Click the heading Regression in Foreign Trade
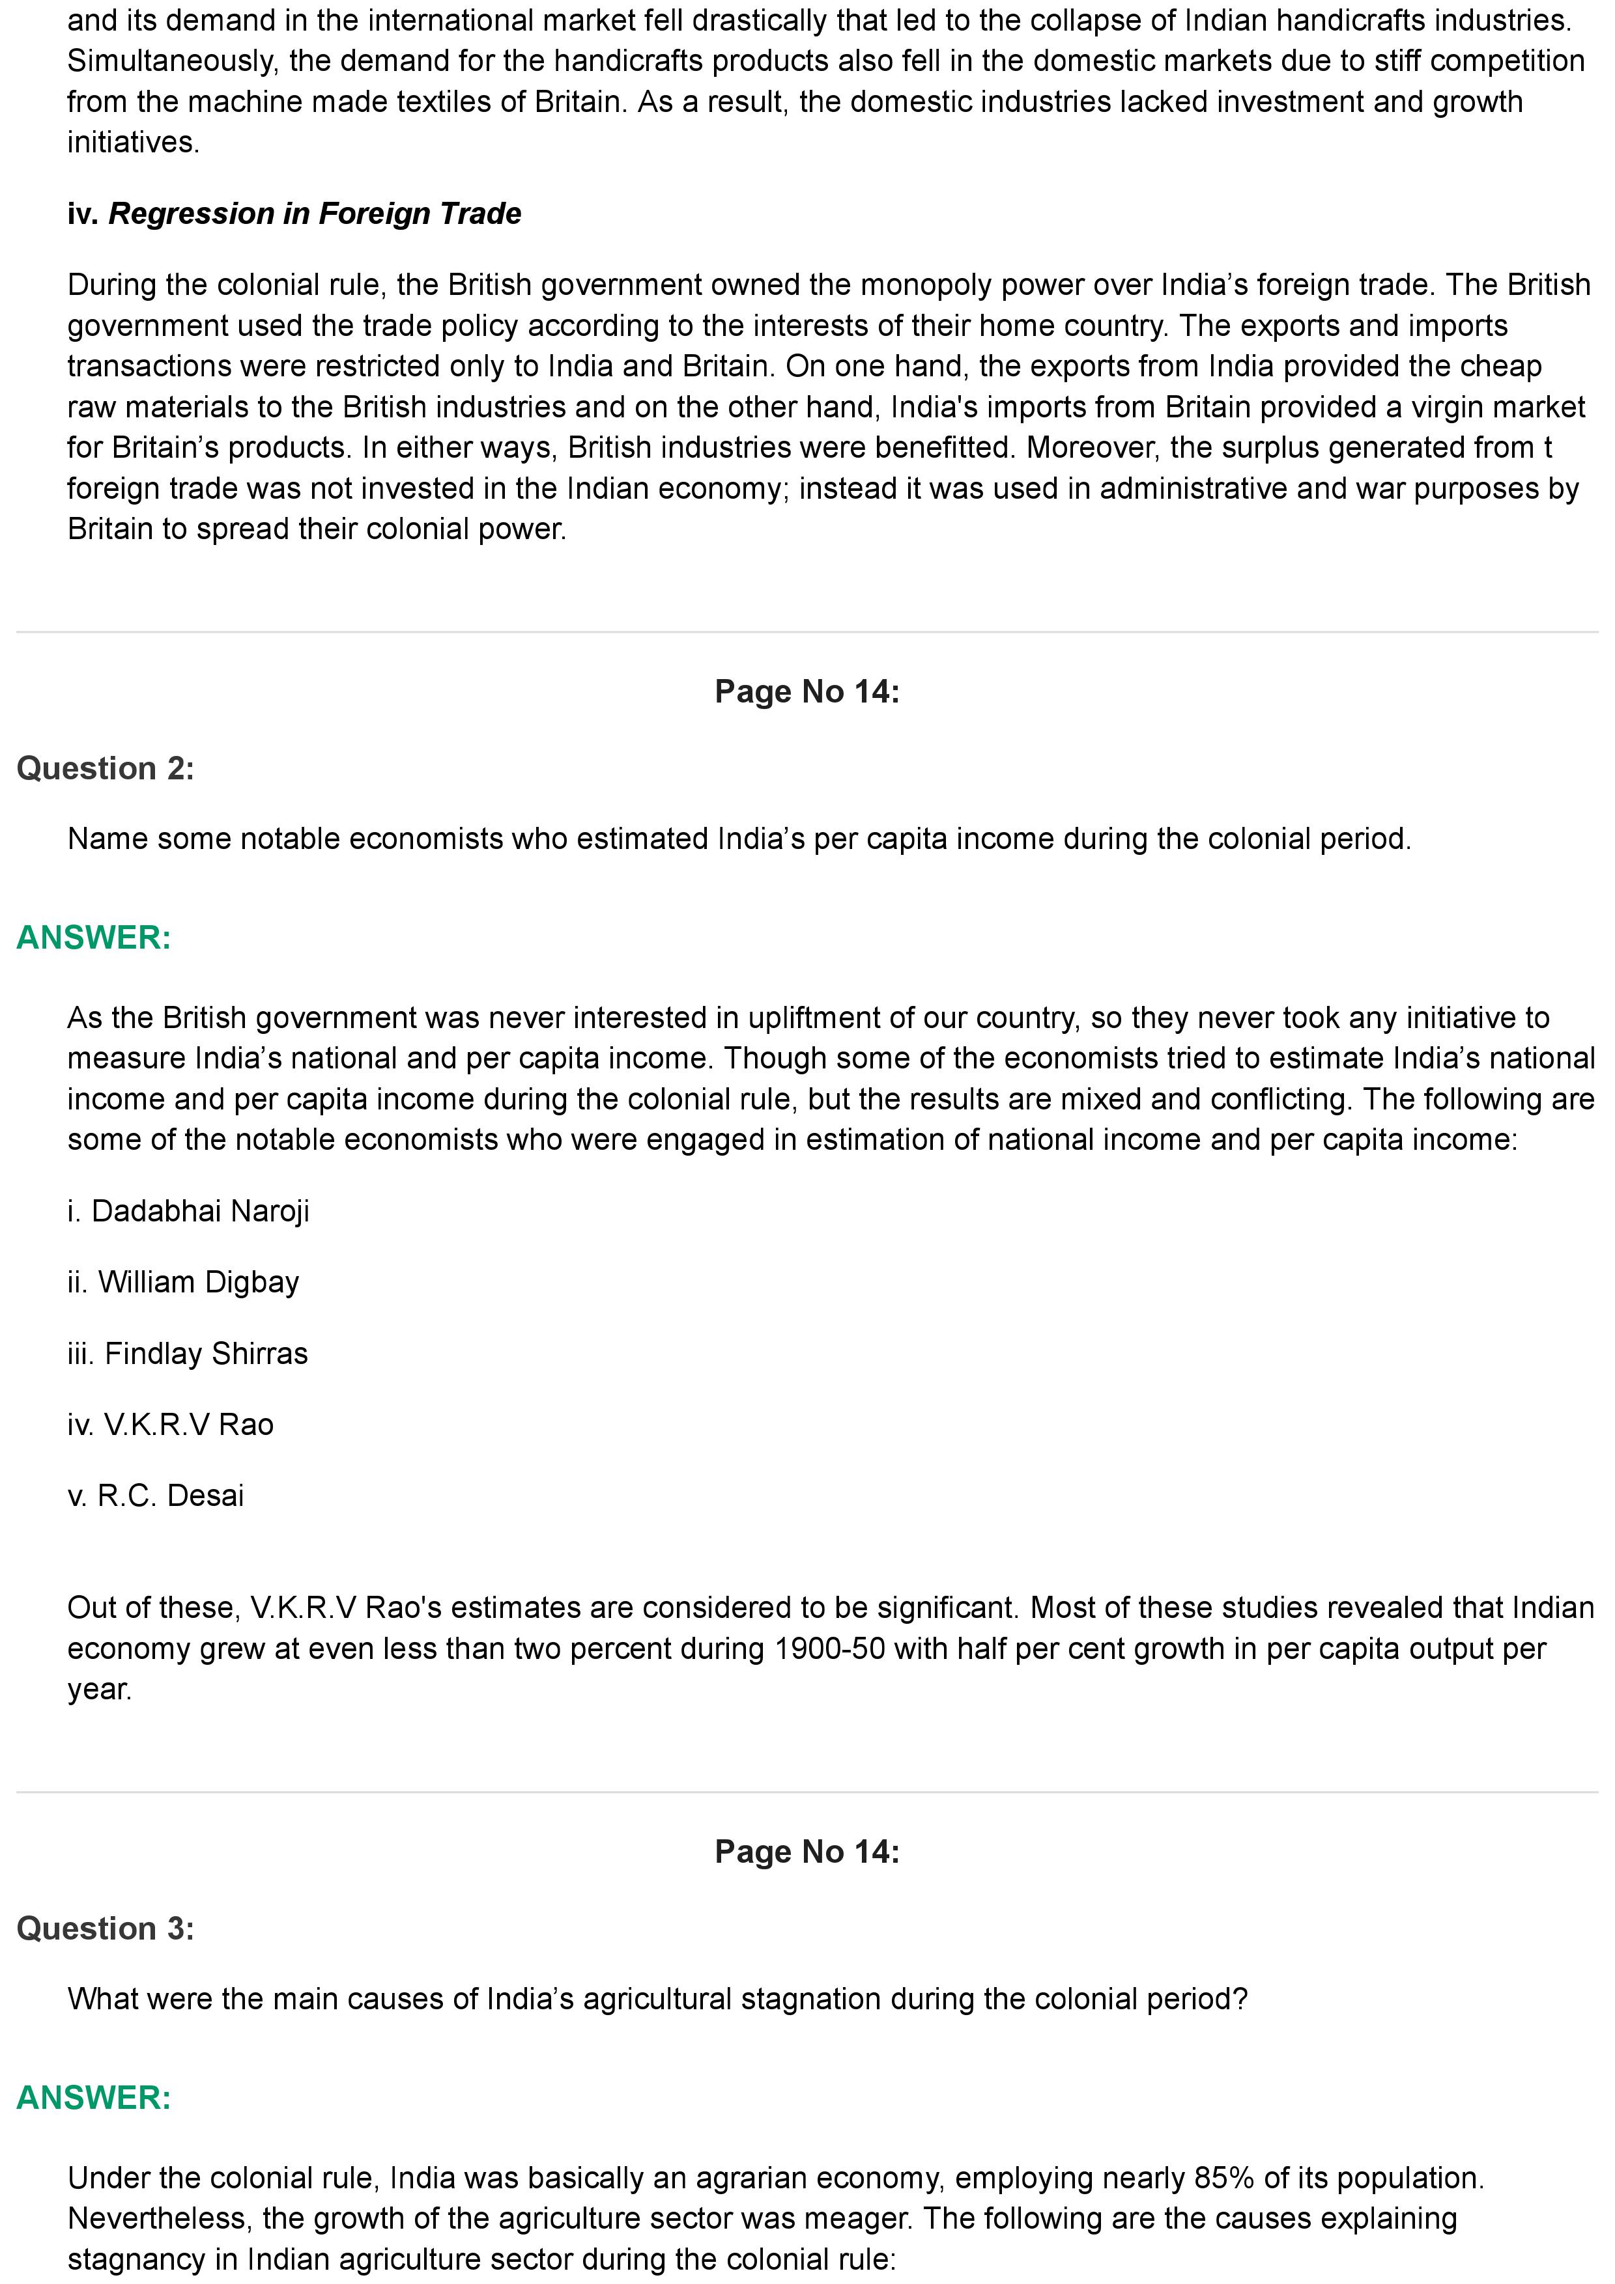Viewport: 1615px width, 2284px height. (x=315, y=214)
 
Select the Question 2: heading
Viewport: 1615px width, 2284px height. (x=106, y=768)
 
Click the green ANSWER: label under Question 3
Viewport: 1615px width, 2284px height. (x=94, y=2097)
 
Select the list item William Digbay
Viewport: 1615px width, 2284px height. (x=198, y=1282)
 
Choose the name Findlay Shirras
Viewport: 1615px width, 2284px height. (x=206, y=1353)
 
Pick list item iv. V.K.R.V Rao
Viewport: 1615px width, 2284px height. (x=170, y=1425)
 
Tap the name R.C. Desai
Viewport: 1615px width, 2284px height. (x=170, y=1495)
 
